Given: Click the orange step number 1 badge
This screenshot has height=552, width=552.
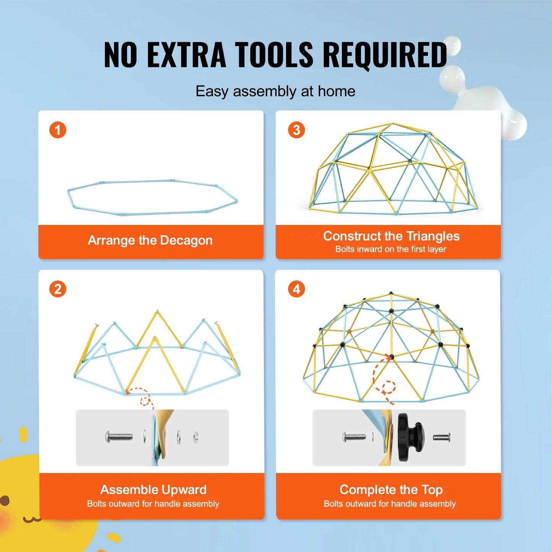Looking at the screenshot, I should tap(58, 130).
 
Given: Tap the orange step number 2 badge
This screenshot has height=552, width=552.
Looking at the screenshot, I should tap(58, 289).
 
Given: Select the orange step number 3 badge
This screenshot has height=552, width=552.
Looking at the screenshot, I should tap(296, 130).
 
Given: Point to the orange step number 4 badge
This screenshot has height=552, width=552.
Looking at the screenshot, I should tap(296, 289).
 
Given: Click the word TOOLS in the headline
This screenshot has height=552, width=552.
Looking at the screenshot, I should tap(274, 55).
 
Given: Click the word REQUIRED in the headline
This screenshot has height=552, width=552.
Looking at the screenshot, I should tap(385, 55).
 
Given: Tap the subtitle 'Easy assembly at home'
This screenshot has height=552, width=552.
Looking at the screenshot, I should tap(275, 92).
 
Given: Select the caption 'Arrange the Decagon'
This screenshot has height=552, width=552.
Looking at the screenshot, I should tap(150, 240).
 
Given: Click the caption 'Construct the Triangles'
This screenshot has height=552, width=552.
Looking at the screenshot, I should tap(391, 236).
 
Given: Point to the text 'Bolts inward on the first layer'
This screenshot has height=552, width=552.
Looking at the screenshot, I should tap(390, 249).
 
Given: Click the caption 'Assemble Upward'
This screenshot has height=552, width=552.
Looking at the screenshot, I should tap(153, 490).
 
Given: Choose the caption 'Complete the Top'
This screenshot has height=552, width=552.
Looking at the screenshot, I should tap(391, 490).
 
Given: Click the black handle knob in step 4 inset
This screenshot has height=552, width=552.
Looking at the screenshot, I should tap(409, 437).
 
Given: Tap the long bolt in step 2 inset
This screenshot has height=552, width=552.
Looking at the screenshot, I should tap(119, 436).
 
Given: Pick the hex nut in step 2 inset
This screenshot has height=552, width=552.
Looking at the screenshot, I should tap(196, 436).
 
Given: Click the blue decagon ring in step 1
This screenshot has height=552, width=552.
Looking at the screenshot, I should tap(153, 181).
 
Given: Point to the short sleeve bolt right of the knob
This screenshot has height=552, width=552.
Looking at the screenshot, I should tap(442, 437).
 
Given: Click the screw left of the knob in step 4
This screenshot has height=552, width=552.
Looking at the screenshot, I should tap(354, 437).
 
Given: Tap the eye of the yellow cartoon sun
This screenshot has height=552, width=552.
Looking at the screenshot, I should tap(5, 500).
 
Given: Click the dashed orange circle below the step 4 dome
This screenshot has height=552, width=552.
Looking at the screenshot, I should tap(389, 387).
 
